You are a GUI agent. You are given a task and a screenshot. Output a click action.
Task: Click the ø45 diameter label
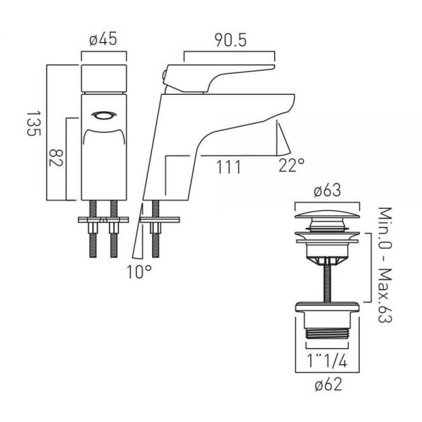103,40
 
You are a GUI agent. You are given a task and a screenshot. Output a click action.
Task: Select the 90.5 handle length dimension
231,41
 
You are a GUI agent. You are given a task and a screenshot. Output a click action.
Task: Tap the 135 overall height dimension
34,123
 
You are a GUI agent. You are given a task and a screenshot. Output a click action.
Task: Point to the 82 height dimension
56,158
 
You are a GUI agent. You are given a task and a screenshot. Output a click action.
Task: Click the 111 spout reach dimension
228,167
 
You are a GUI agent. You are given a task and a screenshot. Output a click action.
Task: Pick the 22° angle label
292,165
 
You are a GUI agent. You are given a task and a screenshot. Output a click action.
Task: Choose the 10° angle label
139,271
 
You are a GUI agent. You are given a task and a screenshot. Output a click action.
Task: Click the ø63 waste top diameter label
327,191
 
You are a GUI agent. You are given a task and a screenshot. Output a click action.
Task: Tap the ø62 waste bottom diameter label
328,384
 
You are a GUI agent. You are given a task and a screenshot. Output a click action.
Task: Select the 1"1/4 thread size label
327,361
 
